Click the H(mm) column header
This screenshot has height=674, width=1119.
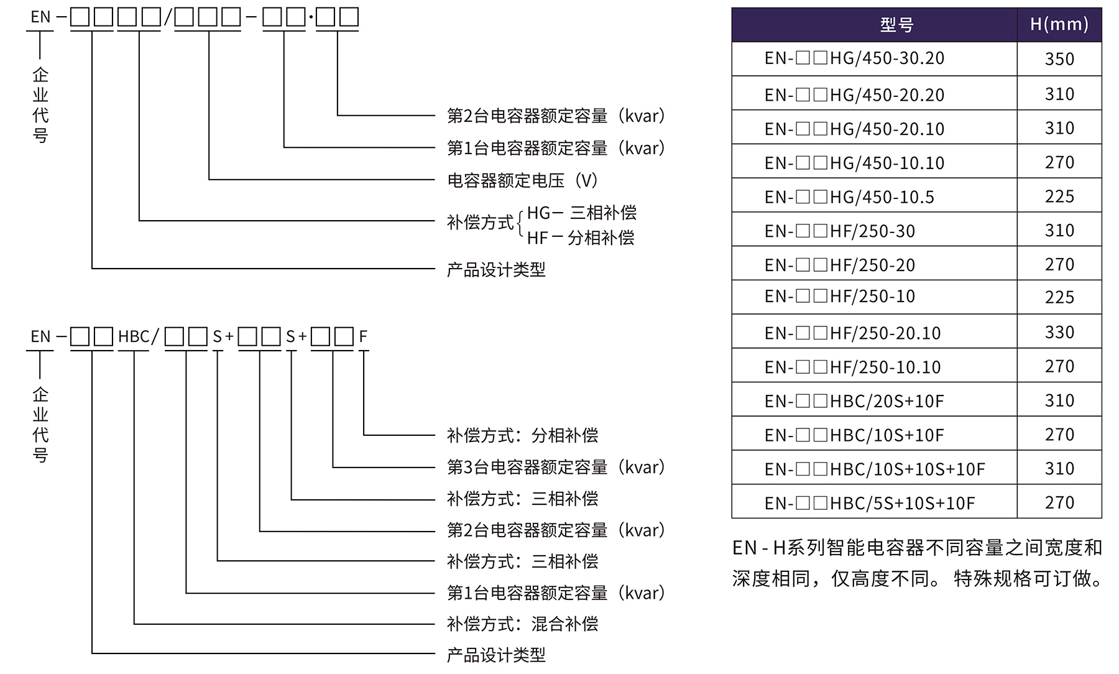(x=1059, y=25)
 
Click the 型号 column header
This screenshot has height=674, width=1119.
(x=896, y=25)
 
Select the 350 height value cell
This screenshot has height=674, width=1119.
(x=1059, y=59)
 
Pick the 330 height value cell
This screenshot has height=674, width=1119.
(x=1059, y=333)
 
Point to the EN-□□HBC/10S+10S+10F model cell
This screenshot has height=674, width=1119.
(x=875, y=469)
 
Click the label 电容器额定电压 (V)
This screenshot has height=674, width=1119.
(x=522, y=180)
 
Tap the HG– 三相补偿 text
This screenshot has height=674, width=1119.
(x=582, y=213)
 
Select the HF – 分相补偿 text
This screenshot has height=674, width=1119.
(x=581, y=238)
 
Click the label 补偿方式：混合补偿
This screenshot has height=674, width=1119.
(x=522, y=624)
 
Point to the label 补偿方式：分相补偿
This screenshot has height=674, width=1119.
(x=522, y=435)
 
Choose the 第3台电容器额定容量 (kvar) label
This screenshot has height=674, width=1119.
(x=556, y=467)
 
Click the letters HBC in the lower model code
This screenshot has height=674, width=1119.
(x=134, y=337)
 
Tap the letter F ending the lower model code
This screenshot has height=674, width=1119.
(x=363, y=337)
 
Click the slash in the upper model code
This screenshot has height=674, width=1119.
(x=167, y=17)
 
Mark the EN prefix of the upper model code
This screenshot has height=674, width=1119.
(x=40, y=17)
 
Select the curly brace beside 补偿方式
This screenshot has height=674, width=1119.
(x=520, y=225)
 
